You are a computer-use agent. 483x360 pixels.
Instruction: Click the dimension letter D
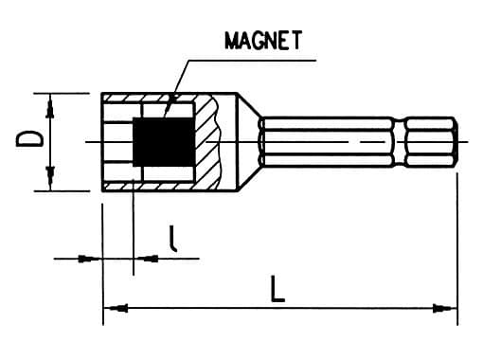pos(30,140)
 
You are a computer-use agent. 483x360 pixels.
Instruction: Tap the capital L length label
pos(276,289)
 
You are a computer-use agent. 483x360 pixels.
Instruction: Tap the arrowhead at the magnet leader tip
pos(170,107)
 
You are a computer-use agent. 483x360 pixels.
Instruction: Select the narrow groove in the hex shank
pos(398,142)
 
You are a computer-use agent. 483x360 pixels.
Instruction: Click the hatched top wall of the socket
pos(152,98)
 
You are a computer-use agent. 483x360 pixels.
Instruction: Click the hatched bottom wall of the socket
pos(152,187)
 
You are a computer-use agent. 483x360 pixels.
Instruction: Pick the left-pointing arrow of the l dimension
pos(143,258)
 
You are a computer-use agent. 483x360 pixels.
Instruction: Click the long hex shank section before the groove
pos(327,142)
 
